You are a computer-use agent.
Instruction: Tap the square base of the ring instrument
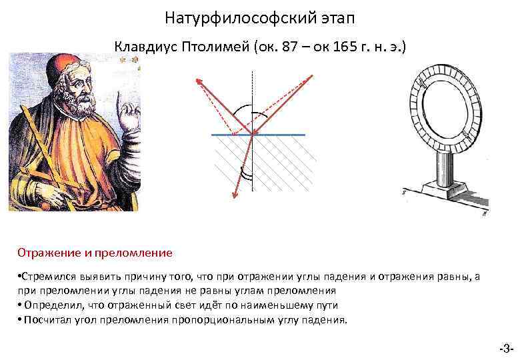pos(443,191)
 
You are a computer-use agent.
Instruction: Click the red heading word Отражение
pos(47,253)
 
